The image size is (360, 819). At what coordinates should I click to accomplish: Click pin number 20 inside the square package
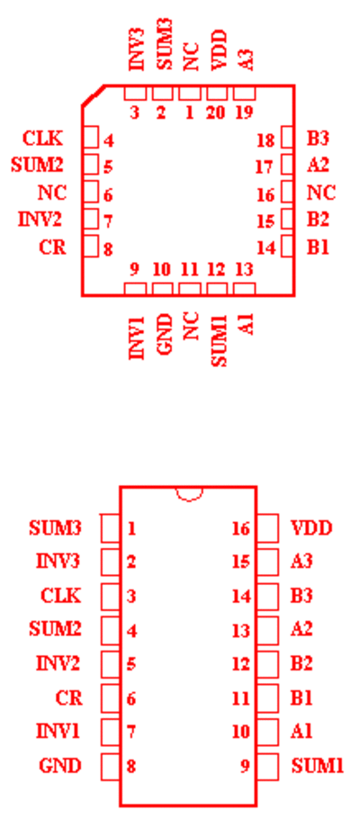click(216, 112)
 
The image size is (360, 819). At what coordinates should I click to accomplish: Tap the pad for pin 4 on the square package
click(91, 138)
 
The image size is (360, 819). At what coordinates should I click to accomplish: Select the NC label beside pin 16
click(320, 193)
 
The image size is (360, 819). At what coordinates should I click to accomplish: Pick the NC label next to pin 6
click(52, 193)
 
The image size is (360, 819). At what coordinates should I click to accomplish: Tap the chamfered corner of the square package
click(93, 95)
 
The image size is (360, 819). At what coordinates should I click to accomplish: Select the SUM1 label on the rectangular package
click(318, 766)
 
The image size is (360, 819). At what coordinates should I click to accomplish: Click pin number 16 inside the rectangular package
click(241, 528)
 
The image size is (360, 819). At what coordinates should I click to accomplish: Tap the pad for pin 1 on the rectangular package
click(110, 528)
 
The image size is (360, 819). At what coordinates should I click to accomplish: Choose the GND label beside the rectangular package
click(60, 766)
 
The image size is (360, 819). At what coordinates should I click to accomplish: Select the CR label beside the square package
click(53, 247)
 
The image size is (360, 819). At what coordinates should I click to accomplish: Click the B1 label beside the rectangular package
click(301, 697)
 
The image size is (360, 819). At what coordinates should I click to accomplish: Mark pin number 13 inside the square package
click(244, 269)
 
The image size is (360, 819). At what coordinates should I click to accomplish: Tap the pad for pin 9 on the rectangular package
click(267, 767)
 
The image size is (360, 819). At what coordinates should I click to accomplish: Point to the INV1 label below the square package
click(137, 337)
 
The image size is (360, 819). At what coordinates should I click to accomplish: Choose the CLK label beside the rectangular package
click(60, 596)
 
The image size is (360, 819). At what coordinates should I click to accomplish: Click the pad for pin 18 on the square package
click(287, 138)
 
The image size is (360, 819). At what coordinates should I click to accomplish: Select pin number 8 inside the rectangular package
click(131, 767)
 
